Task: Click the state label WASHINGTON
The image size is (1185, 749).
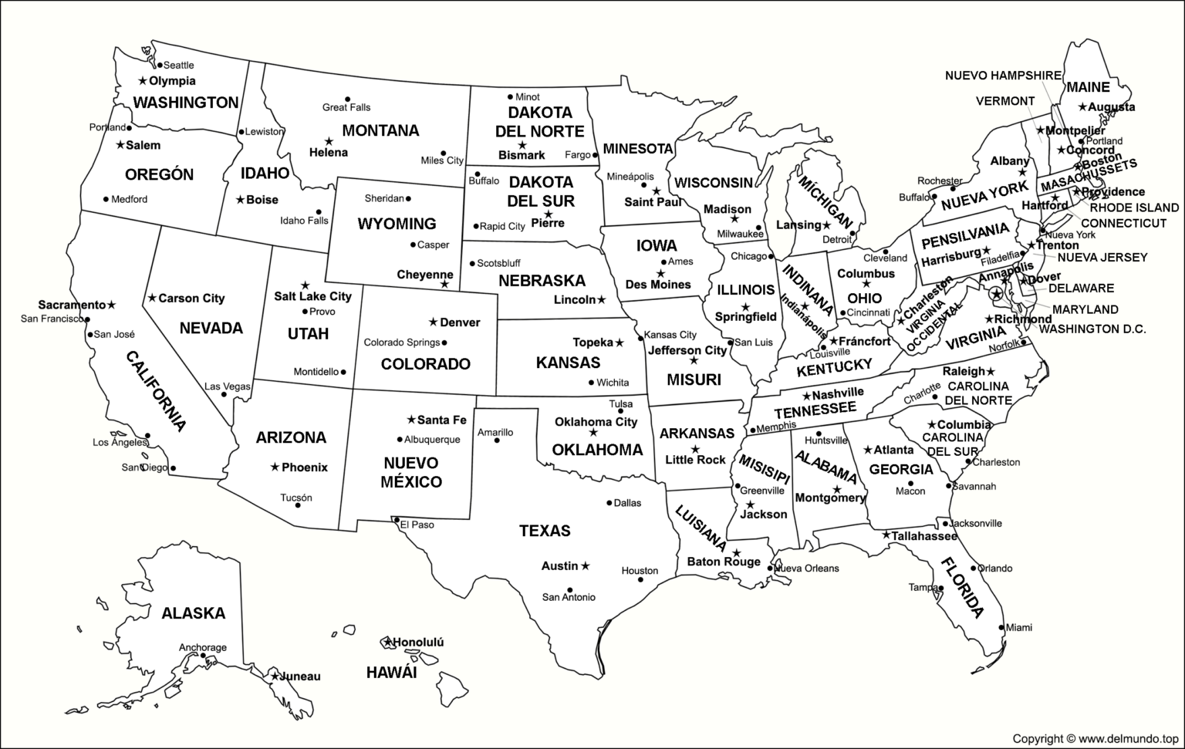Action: point(186,103)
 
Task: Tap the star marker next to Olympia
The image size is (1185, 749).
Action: point(143,81)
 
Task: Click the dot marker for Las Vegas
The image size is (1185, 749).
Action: point(225,395)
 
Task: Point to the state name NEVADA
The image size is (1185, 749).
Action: point(211,329)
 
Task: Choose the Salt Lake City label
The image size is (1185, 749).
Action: point(312,296)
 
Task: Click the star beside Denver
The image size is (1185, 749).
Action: point(433,322)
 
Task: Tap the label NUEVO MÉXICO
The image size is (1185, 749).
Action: point(410,472)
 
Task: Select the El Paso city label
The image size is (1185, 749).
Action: point(417,525)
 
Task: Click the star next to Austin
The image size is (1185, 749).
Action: point(586,566)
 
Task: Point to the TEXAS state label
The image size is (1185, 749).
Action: point(545,531)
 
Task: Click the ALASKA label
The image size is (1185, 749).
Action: point(193,614)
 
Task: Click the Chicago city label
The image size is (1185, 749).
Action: point(748,256)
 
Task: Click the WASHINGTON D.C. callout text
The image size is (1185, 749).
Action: point(1092,329)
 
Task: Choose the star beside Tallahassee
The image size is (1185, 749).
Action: point(886,535)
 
